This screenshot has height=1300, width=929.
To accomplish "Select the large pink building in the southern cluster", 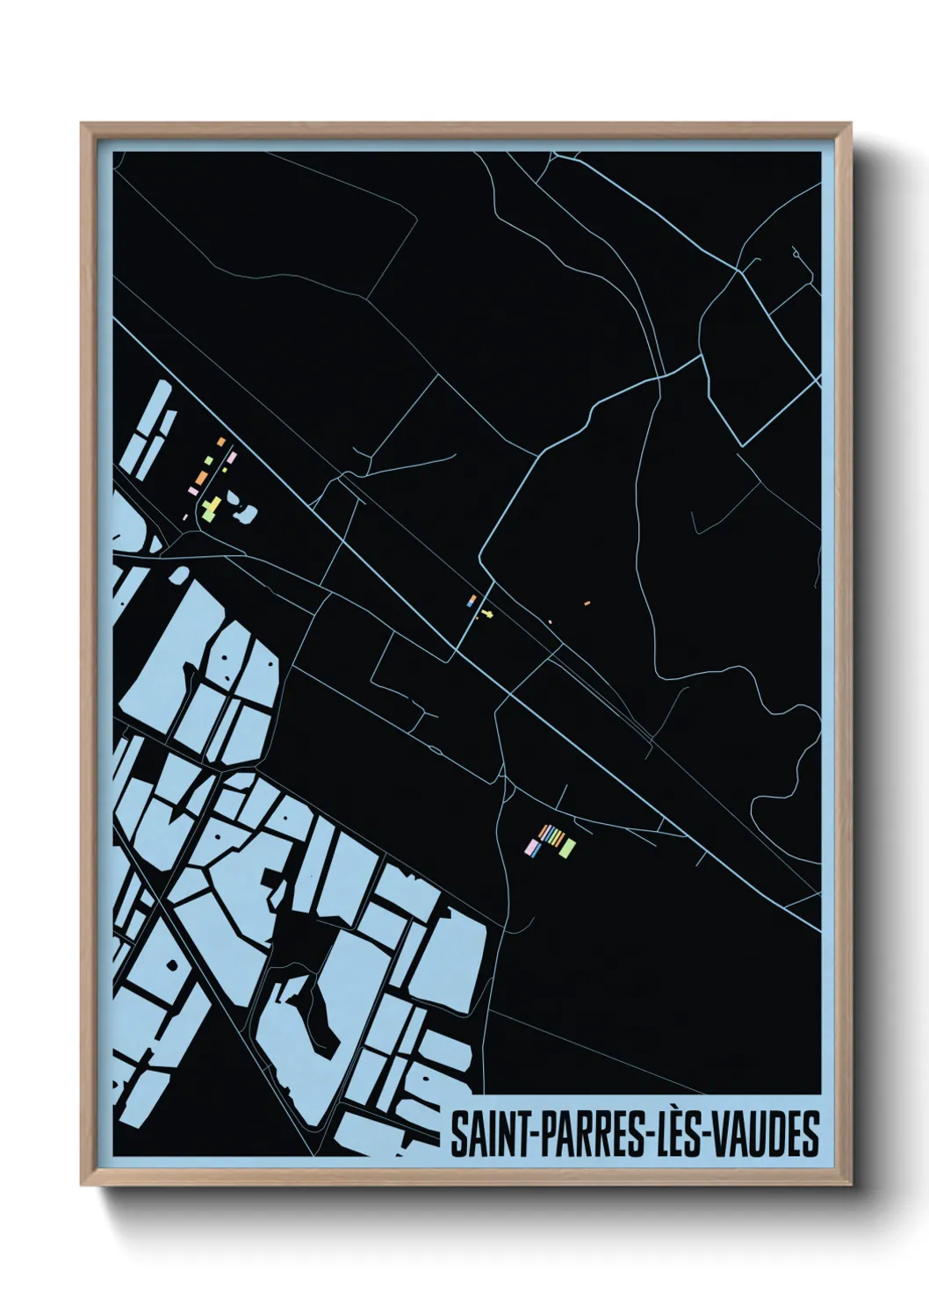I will click(531, 847).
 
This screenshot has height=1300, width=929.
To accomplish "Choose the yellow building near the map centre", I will click(486, 613).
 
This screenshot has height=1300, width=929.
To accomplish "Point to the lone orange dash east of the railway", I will click(587, 603).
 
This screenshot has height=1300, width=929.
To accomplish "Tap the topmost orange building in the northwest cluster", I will click(222, 441).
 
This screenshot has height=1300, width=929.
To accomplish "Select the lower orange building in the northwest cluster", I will click(201, 477).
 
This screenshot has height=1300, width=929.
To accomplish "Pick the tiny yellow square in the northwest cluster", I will click(225, 471).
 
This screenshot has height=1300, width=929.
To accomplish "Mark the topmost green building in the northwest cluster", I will click(208, 459).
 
